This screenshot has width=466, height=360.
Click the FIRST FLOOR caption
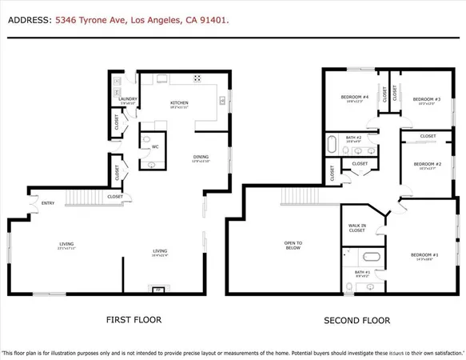pyautogui.click(x=133, y=319)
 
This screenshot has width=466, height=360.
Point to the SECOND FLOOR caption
pyautogui.click(x=356, y=320)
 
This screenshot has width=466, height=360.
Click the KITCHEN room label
pyautogui.click(x=179, y=103)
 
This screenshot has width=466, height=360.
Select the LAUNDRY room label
pyautogui.click(x=129, y=99)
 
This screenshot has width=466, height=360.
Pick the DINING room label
pyautogui.click(x=200, y=158)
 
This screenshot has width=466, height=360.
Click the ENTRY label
pyautogui.click(x=48, y=202)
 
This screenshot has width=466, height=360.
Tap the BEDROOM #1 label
pyautogui.click(x=423, y=255)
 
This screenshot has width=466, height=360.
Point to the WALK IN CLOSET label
pyautogui.click(x=356, y=227)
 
